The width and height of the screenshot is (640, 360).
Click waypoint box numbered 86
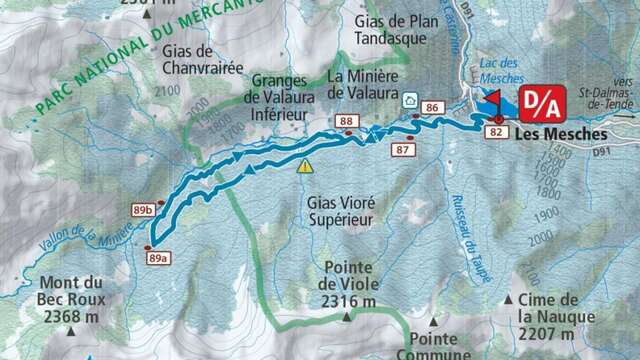(x=432, y=107)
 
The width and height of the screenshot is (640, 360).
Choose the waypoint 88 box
(x=347, y=122)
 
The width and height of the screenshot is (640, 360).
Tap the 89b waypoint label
(x=142, y=210)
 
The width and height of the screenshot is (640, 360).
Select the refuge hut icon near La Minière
(x=409, y=100)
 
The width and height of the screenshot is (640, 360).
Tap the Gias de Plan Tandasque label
(x=390, y=29)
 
